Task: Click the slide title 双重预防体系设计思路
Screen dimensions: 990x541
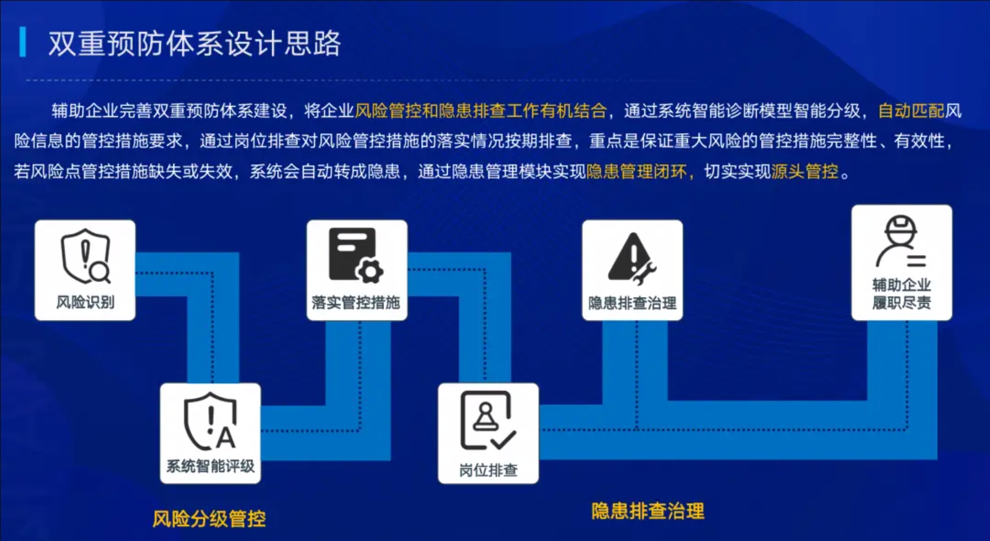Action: coord(194,43)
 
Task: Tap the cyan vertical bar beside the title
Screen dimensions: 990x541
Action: coord(23,42)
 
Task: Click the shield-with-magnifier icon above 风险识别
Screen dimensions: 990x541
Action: coord(86,256)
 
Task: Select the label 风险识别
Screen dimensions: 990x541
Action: coord(86,302)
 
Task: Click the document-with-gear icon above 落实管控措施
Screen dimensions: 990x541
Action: coord(356,255)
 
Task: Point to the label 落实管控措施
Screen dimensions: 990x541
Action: coord(356,302)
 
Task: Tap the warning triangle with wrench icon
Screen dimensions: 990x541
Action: coord(632,258)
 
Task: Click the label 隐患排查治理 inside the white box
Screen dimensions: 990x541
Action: coord(632,303)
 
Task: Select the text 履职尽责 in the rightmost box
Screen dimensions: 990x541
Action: coord(901,302)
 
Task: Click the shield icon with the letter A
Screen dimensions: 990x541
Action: coord(210,421)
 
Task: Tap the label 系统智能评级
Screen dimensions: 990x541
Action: coord(210,466)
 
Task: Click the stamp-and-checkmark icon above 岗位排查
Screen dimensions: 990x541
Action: coord(488,421)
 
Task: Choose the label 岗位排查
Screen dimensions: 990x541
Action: coord(488,470)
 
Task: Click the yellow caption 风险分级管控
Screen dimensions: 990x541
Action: coord(209,519)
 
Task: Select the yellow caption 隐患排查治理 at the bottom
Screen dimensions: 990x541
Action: coord(648,511)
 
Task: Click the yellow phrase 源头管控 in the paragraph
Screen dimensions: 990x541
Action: coord(805,172)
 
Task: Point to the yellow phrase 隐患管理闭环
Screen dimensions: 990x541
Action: coord(637,172)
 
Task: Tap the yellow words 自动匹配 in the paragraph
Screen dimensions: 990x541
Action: coord(911,111)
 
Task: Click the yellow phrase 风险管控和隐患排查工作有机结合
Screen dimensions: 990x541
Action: coord(481,111)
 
